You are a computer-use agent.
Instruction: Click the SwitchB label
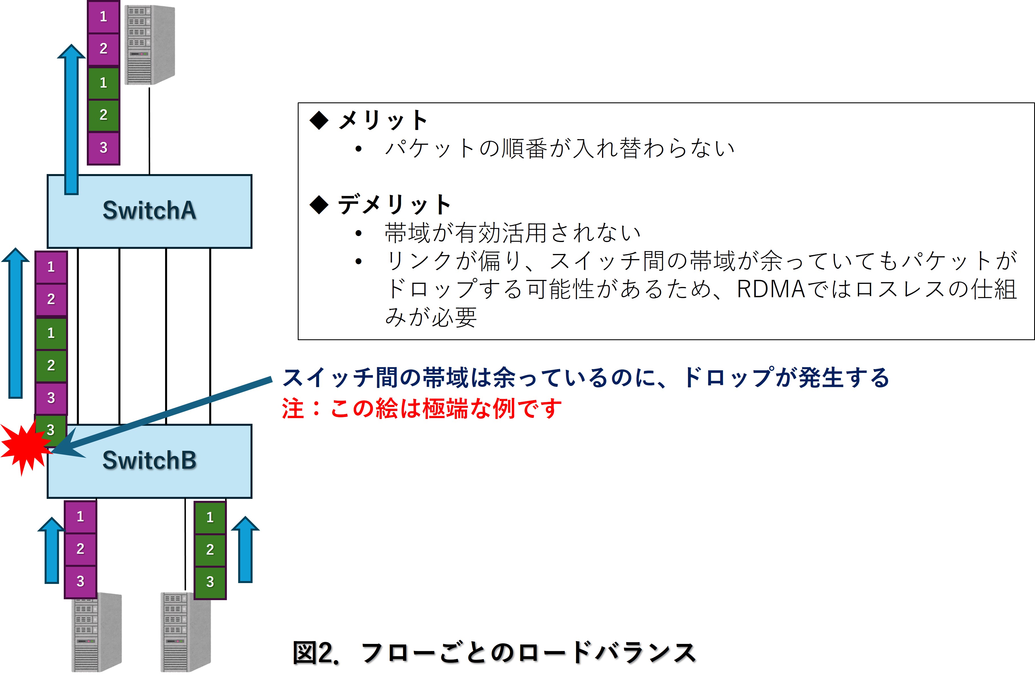click(x=149, y=460)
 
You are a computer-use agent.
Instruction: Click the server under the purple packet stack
click(x=96, y=632)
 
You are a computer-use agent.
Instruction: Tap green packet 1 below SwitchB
click(x=210, y=517)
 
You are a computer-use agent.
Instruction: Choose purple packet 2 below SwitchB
click(x=80, y=548)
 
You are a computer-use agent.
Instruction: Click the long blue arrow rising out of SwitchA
click(x=71, y=119)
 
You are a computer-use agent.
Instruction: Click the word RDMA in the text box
click(x=771, y=289)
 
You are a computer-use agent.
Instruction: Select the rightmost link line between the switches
click(x=210, y=336)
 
